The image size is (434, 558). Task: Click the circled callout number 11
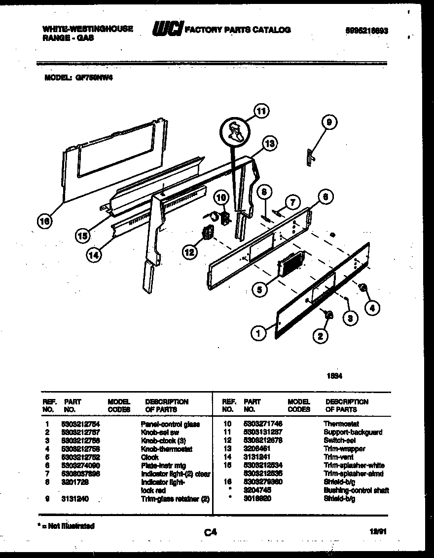click(261, 112)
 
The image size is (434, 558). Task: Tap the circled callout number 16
click(45, 222)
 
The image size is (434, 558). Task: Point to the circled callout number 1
click(258, 334)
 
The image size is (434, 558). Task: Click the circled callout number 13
click(269, 144)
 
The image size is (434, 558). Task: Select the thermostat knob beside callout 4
click(363, 287)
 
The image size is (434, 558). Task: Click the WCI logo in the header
click(168, 30)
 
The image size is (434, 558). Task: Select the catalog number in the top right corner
click(364, 30)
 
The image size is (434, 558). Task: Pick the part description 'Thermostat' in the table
click(341, 424)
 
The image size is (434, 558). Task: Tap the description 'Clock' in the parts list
click(150, 457)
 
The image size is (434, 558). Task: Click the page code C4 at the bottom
click(211, 532)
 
